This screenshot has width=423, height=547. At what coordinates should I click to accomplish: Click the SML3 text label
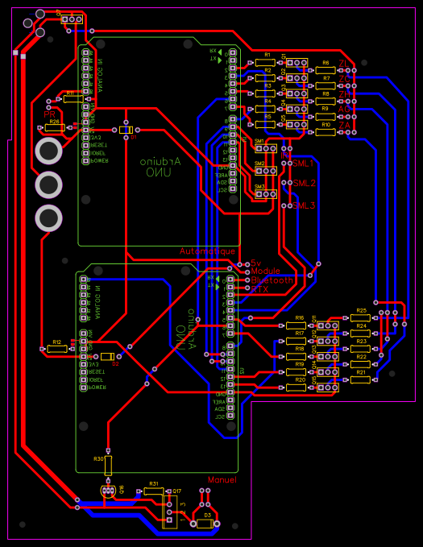click(x=304, y=205)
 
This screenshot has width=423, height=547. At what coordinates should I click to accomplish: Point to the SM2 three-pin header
click(x=265, y=171)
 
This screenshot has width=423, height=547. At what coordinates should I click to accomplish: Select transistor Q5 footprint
click(x=298, y=126)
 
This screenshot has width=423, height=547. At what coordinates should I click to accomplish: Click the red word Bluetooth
click(x=272, y=280)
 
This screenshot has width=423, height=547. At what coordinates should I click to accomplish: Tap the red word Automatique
click(x=208, y=251)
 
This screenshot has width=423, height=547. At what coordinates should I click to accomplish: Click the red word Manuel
click(x=222, y=480)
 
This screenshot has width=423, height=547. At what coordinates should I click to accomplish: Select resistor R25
click(x=361, y=317)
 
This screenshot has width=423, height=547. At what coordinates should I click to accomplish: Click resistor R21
click(x=361, y=379)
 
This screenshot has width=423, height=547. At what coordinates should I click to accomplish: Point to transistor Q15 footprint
click(x=326, y=387)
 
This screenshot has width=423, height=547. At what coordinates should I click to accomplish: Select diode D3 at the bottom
click(x=206, y=523)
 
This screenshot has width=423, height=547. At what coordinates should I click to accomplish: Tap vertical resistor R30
click(x=108, y=465)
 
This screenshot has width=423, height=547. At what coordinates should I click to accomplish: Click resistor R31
click(x=153, y=491)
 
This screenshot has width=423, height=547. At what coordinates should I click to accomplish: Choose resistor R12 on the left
click(x=56, y=349)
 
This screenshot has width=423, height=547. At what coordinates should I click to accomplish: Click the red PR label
click(x=49, y=114)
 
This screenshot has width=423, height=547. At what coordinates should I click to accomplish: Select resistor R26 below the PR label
click(x=54, y=127)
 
